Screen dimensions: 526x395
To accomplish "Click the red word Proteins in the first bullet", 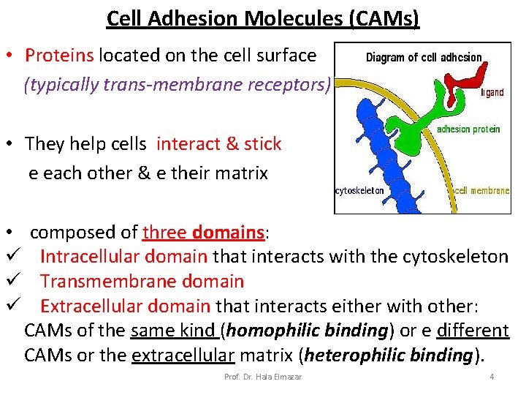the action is pyautogui.click(x=59, y=55).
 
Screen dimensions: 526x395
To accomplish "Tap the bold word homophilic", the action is pyautogui.click(x=270, y=331).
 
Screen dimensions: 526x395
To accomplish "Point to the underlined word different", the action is pyautogui.click(x=472, y=331).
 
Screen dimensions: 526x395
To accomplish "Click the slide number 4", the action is pyautogui.click(x=492, y=377).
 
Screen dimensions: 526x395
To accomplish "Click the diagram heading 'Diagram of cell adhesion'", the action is pyautogui.click(x=423, y=57).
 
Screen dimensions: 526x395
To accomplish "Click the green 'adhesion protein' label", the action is pyautogui.click(x=468, y=129).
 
